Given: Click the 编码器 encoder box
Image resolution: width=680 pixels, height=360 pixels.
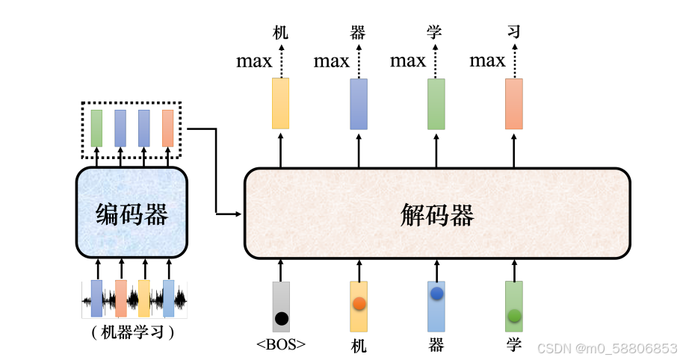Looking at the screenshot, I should (x=132, y=214).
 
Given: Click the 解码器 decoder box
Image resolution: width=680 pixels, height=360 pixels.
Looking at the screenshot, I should (x=437, y=214).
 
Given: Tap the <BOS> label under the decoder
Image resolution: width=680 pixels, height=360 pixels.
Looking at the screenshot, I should (x=281, y=344).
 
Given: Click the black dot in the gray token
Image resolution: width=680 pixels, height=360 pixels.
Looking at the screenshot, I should (x=281, y=318).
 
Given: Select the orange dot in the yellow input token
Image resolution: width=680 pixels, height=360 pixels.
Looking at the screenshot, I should (x=359, y=303).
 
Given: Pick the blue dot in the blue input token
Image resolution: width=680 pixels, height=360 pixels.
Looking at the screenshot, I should (x=436, y=294).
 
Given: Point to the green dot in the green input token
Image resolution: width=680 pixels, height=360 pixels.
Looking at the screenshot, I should (x=514, y=316).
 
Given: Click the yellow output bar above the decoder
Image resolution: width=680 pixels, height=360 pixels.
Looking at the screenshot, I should (x=281, y=103).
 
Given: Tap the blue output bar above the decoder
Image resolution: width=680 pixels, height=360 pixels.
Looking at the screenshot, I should (x=359, y=103).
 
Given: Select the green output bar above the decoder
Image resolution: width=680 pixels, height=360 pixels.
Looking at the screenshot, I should (x=436, y=103).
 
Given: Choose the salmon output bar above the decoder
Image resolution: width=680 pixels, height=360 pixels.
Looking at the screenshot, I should (x=514, y=103).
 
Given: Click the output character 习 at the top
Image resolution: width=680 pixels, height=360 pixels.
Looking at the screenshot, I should (x=513, y=32).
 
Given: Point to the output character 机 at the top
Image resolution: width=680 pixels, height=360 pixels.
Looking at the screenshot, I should (x=280, y=32).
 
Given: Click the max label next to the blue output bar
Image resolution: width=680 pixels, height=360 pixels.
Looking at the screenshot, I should (x=331, y=60).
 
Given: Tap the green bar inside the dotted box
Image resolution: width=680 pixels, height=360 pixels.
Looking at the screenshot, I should (x=96, y=128).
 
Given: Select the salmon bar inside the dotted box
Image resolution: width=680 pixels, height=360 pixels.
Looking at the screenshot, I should (x=167, y=128).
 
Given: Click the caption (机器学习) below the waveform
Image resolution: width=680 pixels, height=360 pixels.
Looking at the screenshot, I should (x=132, y=332).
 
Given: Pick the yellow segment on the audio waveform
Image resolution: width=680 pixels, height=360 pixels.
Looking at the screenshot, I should (x=144, y=298).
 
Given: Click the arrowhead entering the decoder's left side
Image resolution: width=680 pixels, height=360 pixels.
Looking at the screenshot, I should (x=238, y=214).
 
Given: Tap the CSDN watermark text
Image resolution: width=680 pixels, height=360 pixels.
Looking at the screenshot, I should (x=607, y=348).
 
